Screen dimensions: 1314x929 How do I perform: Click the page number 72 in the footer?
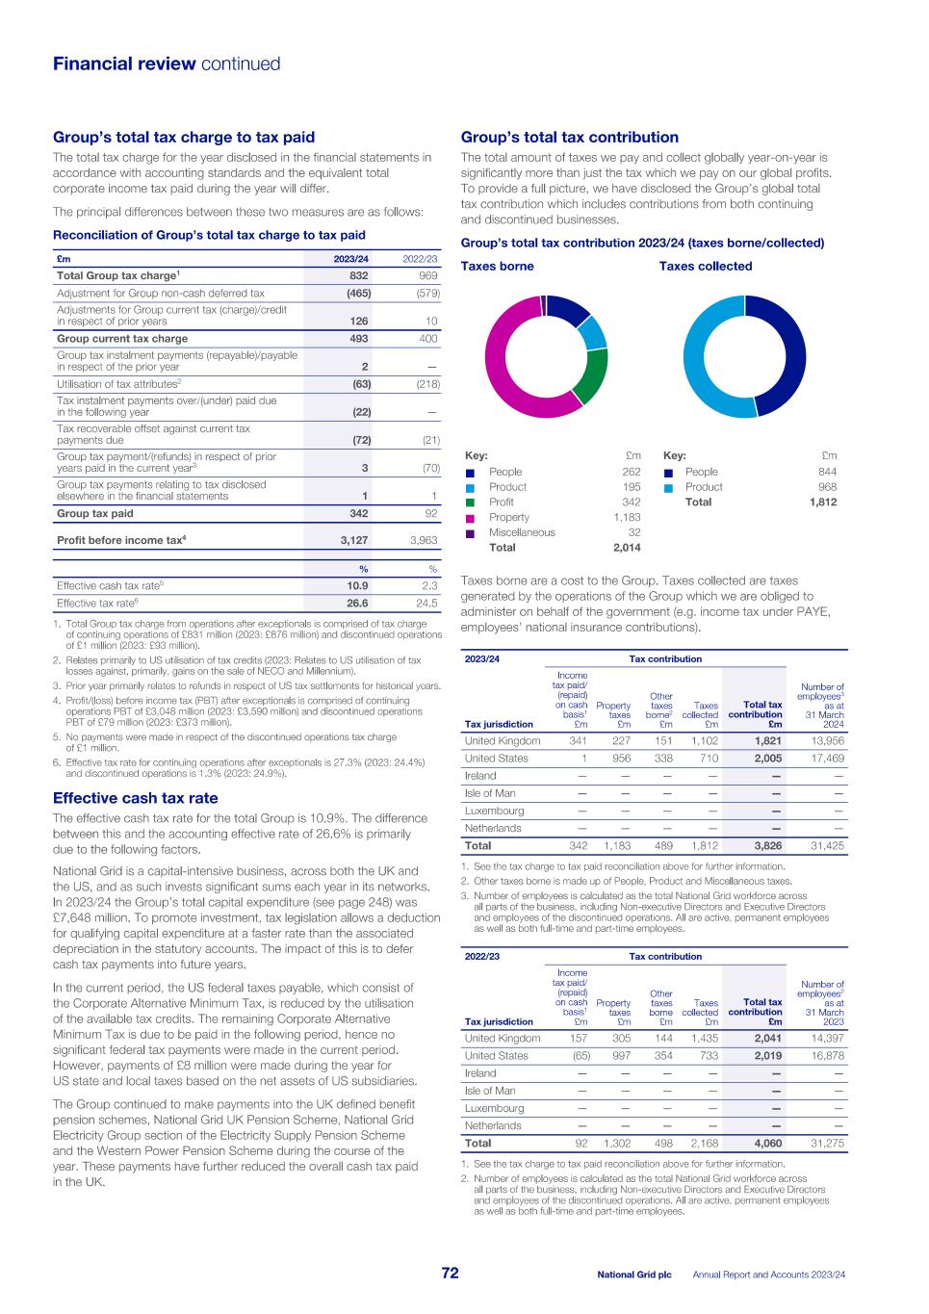pyautogui.click(x=450, y=1273)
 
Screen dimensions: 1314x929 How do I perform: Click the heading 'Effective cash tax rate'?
pyautogui.click(x=135, y=798)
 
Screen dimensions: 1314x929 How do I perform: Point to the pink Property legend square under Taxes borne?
pyautogui.click(x=470, y=517)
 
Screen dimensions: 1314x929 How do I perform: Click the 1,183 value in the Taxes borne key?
pyautogui.click(x=627, y=517)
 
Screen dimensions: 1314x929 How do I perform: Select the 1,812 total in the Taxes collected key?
pyautogui.click(x=822, y=502)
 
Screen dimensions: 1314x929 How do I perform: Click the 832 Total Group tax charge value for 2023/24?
pyautogui.click(x=358, y=275)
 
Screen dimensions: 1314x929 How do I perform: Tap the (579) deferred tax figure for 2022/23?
pyautogui.click(x=424, y=293)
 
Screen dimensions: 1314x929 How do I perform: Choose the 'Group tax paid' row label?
pyautogui.click(x=94, y=514)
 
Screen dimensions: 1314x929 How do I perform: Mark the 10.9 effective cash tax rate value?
pyautogui.click(x=357, y=585)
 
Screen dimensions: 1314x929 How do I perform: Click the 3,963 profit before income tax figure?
pyautogui.click(x=423, y=540)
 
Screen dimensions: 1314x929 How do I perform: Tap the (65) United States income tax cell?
pyautogui.click(x=577, y=1055)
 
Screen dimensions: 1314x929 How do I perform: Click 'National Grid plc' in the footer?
pyautogui.click(x=633, y=1274)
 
